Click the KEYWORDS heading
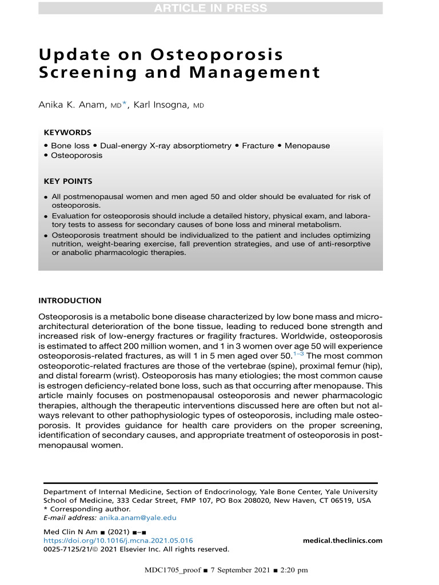coord(67,132)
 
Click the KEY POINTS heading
coord(68,182)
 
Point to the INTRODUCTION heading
coord(69,300)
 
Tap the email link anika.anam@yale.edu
coord(138,518)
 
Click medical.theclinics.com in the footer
coord(342,540)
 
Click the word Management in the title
coord(251,73)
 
